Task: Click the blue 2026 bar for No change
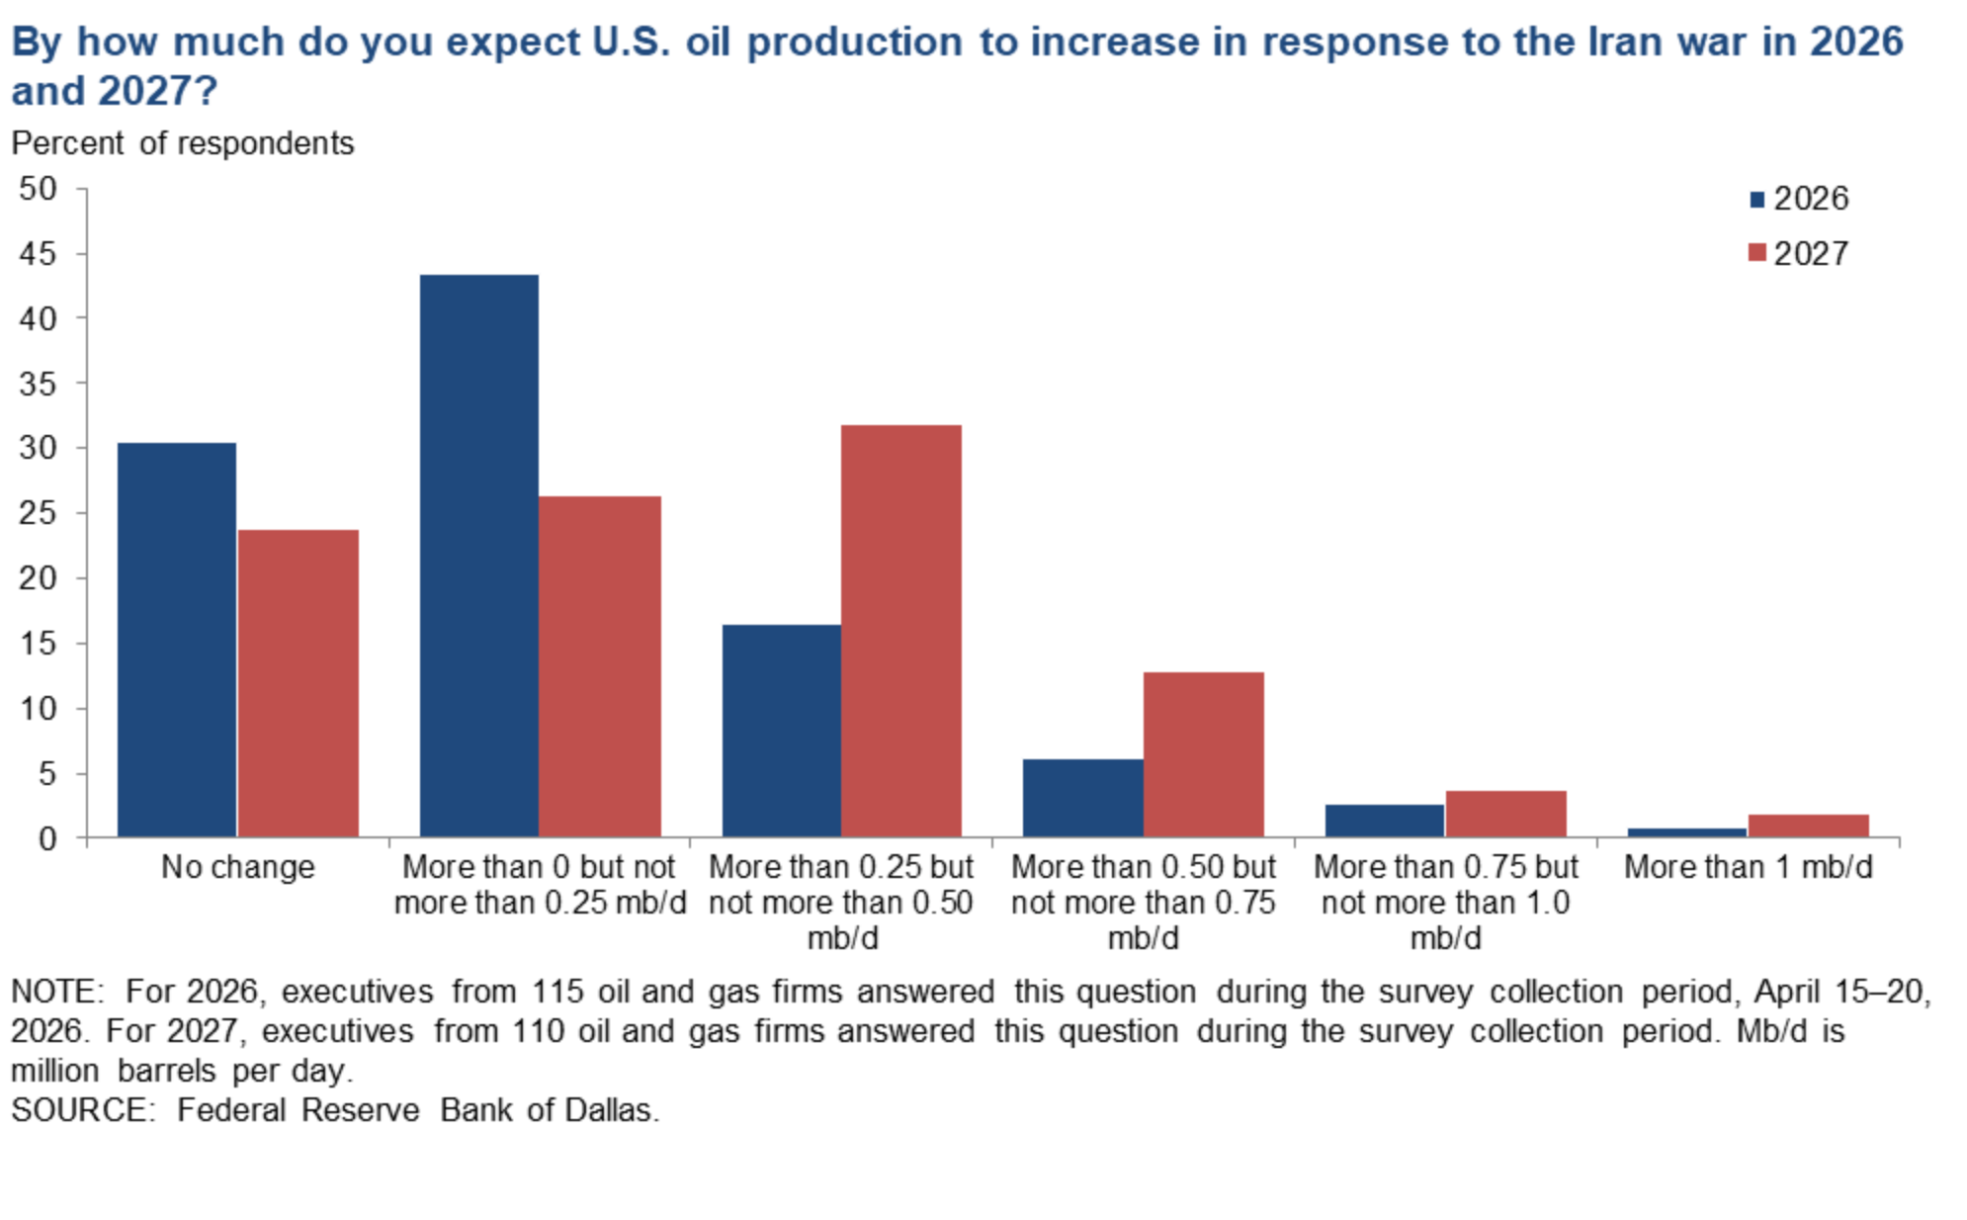(177, 640)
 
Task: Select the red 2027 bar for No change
(298, 683)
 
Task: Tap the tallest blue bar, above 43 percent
(479, 556)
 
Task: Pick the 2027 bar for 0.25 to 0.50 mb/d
(900, 631)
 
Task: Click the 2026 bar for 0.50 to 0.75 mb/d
(1082, 798)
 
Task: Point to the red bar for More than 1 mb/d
(1808, 826)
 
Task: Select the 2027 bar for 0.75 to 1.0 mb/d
(1505, 814)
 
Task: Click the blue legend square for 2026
(1756, 200)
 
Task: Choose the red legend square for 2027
(1756, 253)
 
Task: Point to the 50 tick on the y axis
(39, 189)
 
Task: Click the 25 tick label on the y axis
(39, 513)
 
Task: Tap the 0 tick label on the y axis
(47, 838)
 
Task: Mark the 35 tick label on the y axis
(39, 384)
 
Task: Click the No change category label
(237, 867)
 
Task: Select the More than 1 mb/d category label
(1748, 867)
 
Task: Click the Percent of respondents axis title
(182, 143)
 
